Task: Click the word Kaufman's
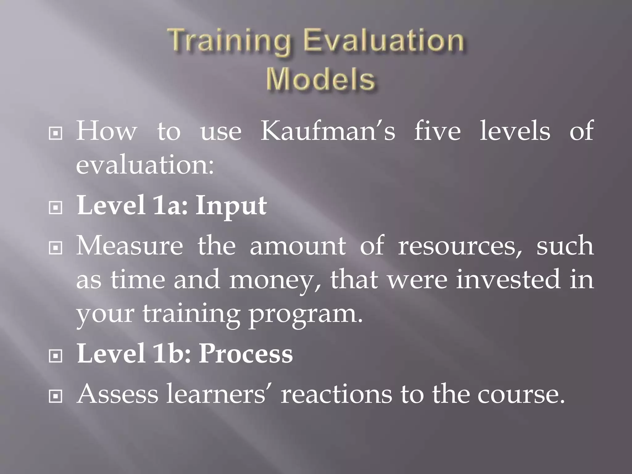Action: (x=328, y=131)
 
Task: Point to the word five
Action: (x=437, y=131)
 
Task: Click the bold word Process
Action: (x=246, y=354)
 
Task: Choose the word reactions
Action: (x=336, y=394)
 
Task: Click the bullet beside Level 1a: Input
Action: (x=56, y=208)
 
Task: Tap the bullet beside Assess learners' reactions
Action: (x=56, y=397)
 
